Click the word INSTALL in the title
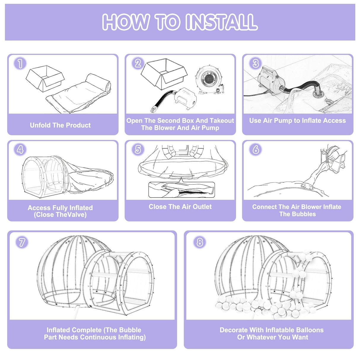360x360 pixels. point(221,22)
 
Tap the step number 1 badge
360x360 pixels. point(20,63)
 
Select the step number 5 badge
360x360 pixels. point(138,149)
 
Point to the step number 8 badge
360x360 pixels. point(200,242)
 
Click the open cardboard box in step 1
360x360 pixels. point(44,78)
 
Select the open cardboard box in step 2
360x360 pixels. point(163,73)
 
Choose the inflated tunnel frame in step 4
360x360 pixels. point(44,176)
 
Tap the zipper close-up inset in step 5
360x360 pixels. point(181,190)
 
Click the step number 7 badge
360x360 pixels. point(22,242)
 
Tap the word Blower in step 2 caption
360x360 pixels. point(164,128)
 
